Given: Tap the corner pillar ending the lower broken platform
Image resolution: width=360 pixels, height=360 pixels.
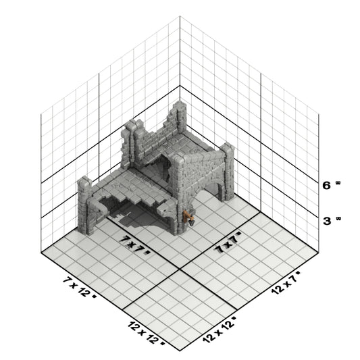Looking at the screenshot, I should (84, 205).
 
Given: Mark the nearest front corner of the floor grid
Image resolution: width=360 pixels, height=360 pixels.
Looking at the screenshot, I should (180, 351).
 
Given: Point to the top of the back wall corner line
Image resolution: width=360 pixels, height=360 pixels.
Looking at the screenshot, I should (180, 16).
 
